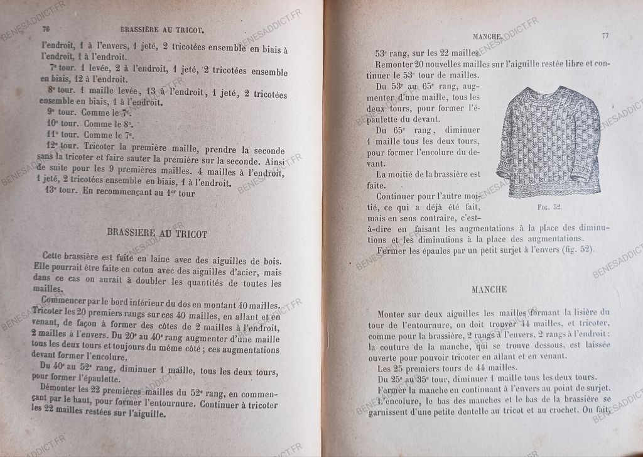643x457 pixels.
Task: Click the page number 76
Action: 45,30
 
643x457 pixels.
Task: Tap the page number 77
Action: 605,36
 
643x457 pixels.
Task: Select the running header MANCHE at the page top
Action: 487,37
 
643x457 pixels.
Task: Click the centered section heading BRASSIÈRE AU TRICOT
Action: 158,233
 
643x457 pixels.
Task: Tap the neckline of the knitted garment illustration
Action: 548,93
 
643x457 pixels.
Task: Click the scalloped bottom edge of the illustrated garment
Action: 551,191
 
